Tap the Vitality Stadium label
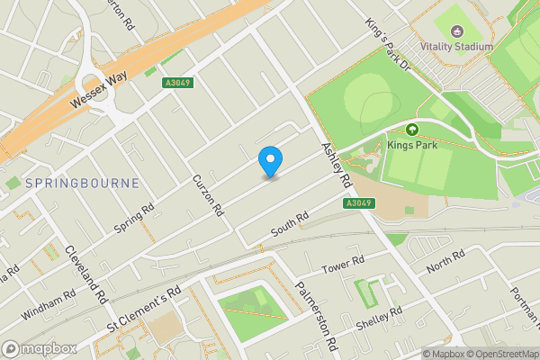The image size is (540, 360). pyautogui.click(x=457, y=47)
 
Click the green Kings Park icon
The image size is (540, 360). pyautogui.click(x=413, y=129)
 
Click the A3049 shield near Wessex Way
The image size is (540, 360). pyautogui.click(x=178, y=83)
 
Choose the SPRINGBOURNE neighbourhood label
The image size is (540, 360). pyautogui.click(x=82, y=183)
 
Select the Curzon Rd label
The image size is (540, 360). pyautogui.click(x=207, y=196)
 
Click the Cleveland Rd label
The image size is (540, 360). pyautogui.click(x=86, y=274)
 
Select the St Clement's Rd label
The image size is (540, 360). pyautogui.click(x=144, y=308)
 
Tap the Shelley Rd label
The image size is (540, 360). pyautogui.click(x=379, y=317)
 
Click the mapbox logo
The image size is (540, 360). pyautogui.click(x=39, y=348)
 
